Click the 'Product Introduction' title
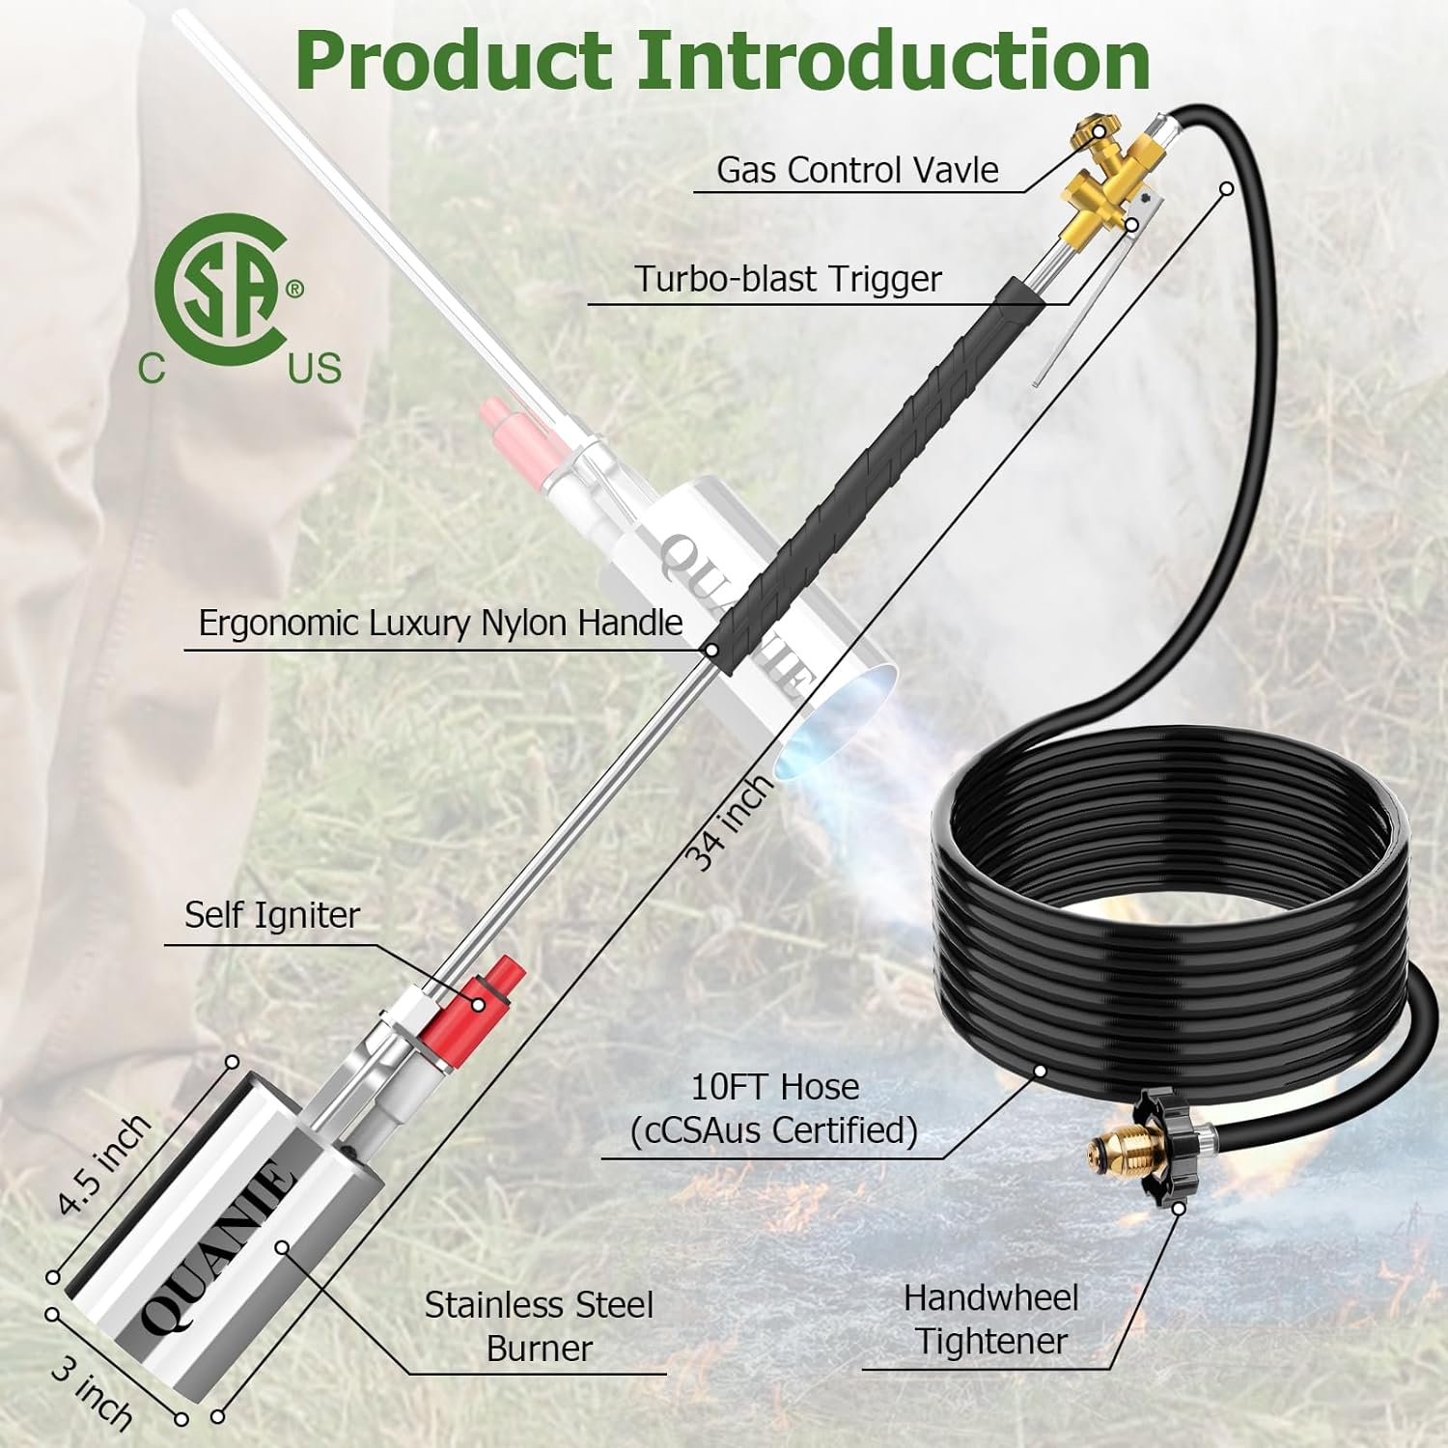[722, 60]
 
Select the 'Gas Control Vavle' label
[857, 171]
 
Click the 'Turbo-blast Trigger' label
[788, 279]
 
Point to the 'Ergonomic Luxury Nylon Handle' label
[440, 624]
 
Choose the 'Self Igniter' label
[271, 915]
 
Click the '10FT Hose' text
[774, 1088]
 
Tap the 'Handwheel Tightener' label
[990, 1320]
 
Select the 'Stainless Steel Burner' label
[539, 1326]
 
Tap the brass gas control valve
[1105, 183]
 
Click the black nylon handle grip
[869, 463]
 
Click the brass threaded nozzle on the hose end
[1100, 1150]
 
